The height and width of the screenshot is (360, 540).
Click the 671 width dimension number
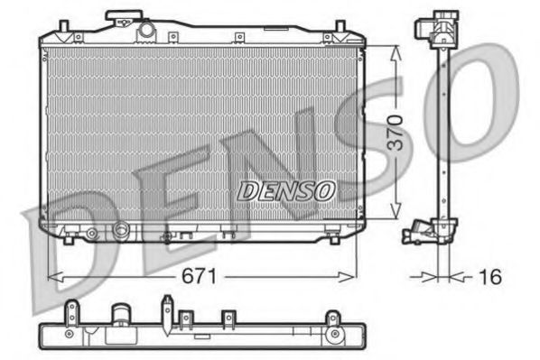point(200,277)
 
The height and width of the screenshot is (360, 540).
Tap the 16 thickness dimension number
point(489,277)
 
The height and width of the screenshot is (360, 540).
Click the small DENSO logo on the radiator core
point(285,190)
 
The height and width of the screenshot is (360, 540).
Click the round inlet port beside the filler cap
point(146,31)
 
